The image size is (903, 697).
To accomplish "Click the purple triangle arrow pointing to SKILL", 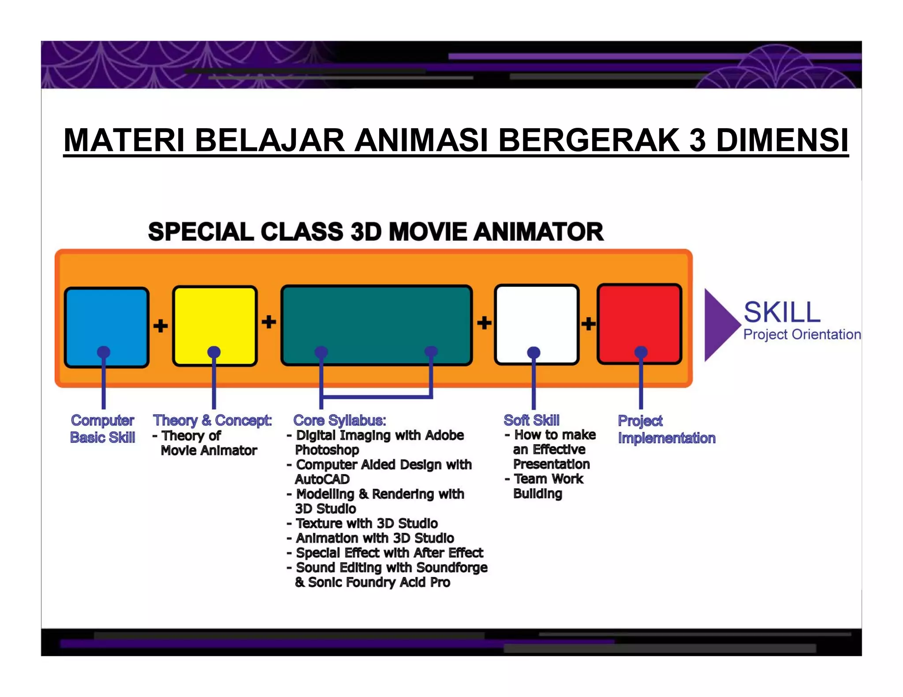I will coord(719,325).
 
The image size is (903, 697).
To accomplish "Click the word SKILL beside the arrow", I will coord(782,312).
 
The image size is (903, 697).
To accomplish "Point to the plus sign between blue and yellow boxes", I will coord(160,326).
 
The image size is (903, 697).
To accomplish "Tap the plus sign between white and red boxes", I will coord(588,324).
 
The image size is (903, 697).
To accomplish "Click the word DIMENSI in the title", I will coord(782,141).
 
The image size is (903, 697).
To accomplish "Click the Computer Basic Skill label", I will coord(103,429).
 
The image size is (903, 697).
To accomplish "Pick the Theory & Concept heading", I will coord(212,420).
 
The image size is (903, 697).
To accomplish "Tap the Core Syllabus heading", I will coord(340,420).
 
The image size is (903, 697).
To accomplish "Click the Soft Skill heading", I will coord(531,420).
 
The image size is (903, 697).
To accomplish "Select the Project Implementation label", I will coord(666,430).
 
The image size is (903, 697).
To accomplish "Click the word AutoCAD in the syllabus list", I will coord(322,479).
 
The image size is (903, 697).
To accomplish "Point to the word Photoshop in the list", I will coord(327,450).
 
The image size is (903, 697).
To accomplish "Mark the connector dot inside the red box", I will coord(641,352).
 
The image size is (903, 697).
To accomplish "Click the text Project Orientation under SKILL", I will coord(802,334).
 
